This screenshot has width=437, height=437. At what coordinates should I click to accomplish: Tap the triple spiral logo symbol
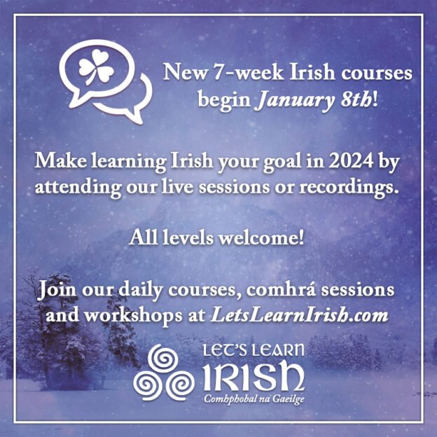coord(163,379)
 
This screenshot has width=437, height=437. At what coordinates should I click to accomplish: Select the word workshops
coord(139,314)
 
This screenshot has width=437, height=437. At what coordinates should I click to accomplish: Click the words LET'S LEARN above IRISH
coord(253,352)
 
